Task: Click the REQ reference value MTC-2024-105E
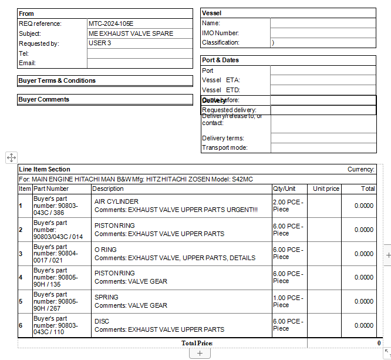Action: [111, 23]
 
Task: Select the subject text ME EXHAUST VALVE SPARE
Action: [131, 33]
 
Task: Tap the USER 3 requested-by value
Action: [100, 43]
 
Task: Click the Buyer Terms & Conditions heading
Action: [57, 80]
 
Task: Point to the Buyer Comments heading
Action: [44, 99]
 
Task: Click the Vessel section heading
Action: [211, 13]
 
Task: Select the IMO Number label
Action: [220, 33]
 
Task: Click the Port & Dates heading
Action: [220, 60]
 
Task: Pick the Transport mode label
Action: [225, 147]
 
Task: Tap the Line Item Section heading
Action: [45, 169]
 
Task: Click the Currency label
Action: [360, 169]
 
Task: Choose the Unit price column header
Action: [326, 189]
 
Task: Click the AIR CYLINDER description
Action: [116, 201]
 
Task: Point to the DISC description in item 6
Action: [102, 321]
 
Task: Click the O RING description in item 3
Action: [106, 250]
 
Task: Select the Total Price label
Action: [197, 343]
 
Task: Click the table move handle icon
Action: [11, 157]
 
